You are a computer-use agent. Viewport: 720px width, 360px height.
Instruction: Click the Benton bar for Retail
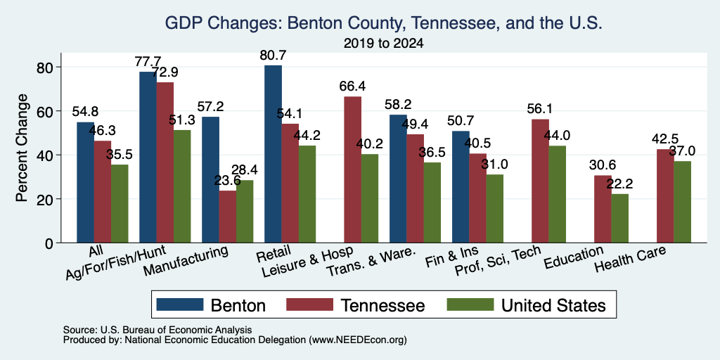273,154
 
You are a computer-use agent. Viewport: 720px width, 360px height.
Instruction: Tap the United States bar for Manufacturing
244,211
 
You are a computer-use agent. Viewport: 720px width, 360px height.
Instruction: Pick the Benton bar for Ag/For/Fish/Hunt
148,157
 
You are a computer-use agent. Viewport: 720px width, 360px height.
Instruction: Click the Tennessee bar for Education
603,209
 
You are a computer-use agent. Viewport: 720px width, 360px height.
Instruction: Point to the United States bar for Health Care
682,202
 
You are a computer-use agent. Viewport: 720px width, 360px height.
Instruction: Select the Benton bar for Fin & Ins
461,187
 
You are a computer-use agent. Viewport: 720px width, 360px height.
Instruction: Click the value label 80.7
273,56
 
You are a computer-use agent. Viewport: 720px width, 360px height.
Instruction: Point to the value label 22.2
619,184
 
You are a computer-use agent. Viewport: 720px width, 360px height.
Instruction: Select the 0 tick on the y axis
50,243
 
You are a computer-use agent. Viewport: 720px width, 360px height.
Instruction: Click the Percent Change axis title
22,148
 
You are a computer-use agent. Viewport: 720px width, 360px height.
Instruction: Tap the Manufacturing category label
186,262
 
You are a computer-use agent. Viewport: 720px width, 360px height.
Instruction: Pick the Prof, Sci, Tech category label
498,262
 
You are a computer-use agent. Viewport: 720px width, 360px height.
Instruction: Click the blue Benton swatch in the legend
180,304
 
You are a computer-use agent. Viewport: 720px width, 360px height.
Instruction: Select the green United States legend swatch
470,304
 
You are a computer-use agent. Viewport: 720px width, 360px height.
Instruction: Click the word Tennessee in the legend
382,305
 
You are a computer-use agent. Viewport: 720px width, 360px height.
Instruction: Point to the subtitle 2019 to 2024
383,44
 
